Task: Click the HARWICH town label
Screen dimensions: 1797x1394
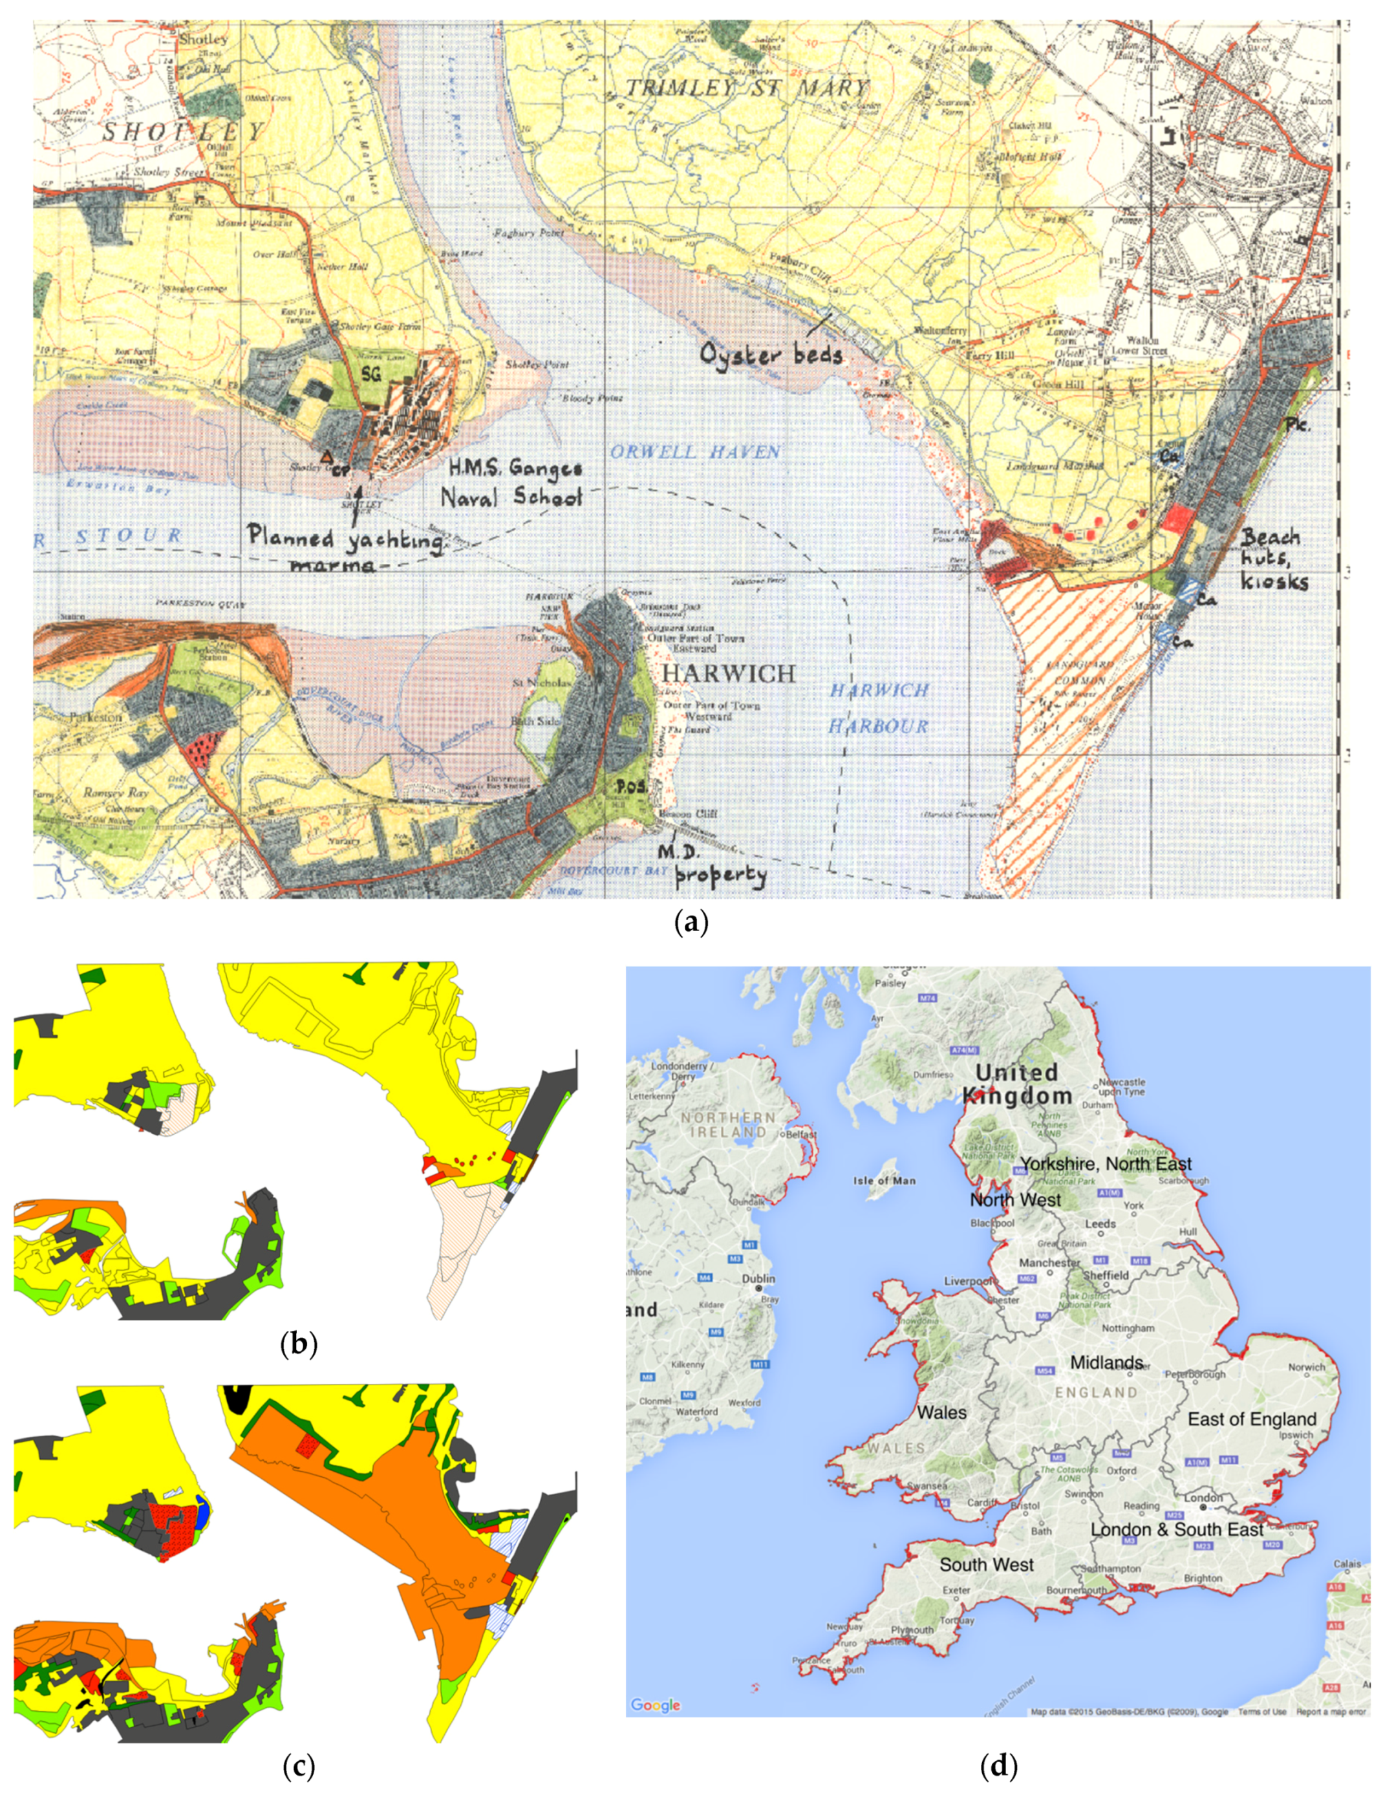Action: point(729,673)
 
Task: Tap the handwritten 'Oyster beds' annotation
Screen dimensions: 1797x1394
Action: point(771,354)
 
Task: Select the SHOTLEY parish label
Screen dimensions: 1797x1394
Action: point(183,132)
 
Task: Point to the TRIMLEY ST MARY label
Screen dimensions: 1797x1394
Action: point(746,88)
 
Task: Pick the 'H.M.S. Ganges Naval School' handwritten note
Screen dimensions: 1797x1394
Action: point(513,482)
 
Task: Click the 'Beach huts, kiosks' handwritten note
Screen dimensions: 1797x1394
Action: point(1274,559)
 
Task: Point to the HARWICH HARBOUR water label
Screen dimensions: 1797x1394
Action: point(879,707)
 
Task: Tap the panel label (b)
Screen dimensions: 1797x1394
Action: point(299,1344)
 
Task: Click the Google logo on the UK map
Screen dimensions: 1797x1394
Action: point(655,1704)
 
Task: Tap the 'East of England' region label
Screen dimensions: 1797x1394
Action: point(1252,1419)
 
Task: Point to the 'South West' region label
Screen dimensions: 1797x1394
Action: point(986,1564)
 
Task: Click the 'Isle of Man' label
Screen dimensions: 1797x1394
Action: point(884,1180)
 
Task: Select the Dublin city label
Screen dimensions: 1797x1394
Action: point(758,1278)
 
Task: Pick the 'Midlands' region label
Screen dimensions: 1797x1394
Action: point(1106,1362)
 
